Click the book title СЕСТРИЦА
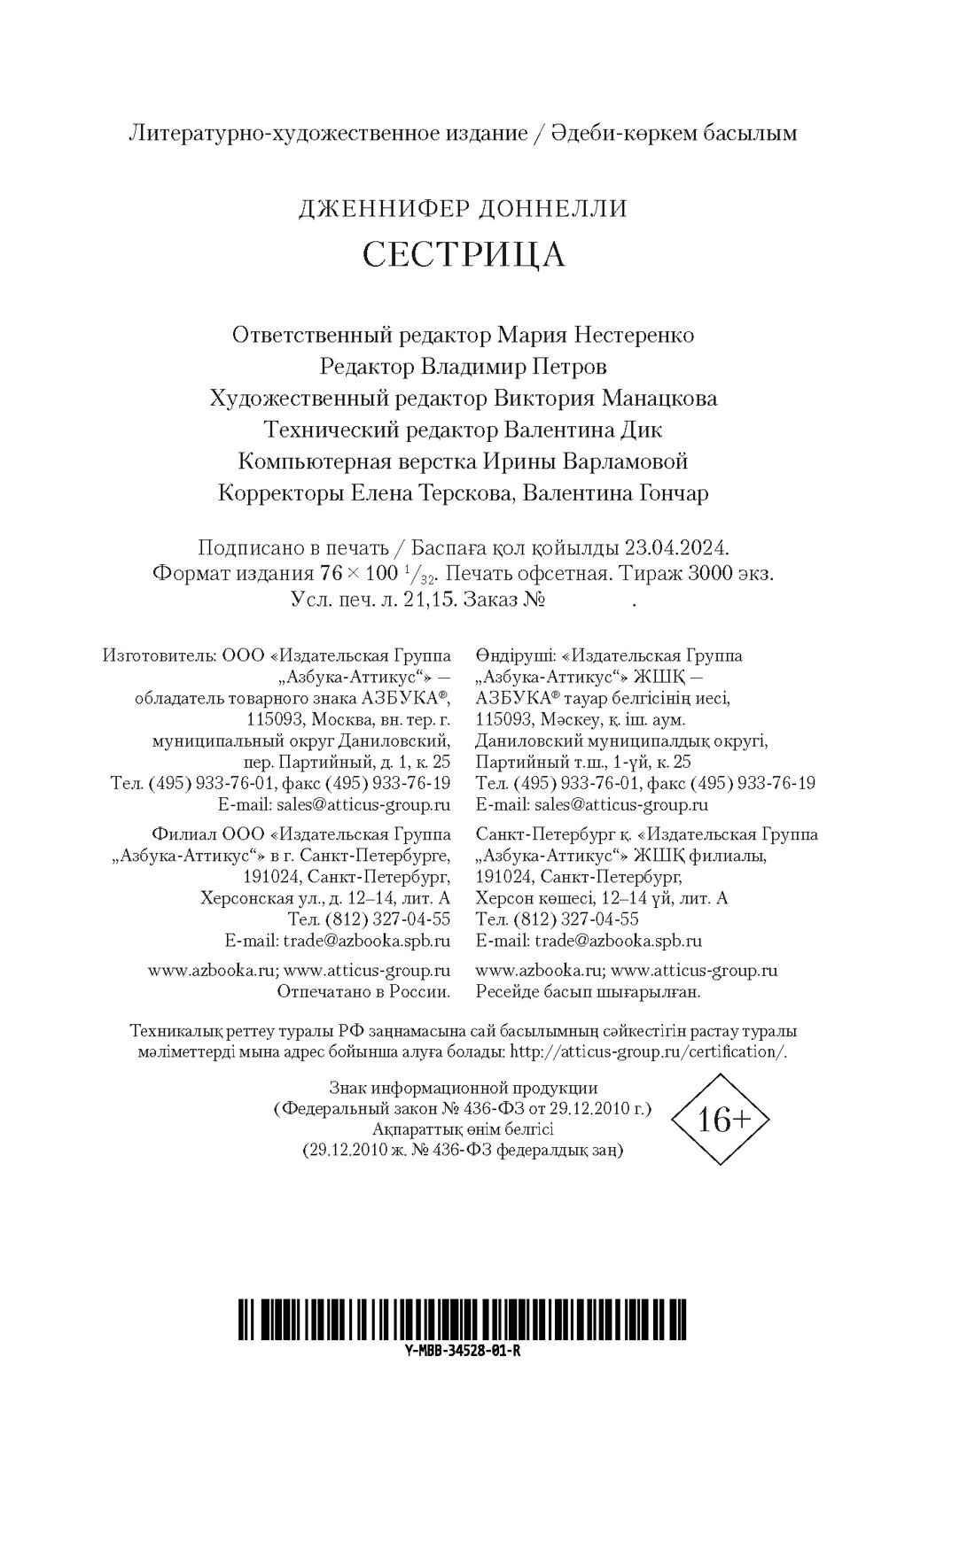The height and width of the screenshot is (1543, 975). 464,254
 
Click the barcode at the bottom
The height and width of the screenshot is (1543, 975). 464,1324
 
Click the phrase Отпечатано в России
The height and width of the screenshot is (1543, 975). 363,992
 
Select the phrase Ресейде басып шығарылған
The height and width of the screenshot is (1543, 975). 588,992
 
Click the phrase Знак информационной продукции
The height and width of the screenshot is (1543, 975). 463,1088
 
